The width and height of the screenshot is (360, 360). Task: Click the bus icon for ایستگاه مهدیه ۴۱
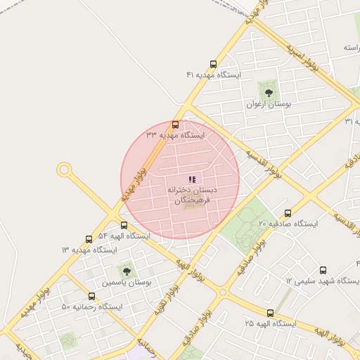click(213, 63)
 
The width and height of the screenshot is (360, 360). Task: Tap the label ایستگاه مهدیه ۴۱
click(213, 75)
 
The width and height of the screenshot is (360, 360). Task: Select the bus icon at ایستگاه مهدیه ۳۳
click(175, 124)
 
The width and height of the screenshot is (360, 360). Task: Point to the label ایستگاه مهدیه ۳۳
click(174, 134)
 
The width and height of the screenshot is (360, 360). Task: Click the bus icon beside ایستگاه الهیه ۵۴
click(124, 226)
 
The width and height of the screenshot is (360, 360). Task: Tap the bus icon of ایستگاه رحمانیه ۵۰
click(91, 296)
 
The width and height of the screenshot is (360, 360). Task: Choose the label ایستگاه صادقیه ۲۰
click(288, 224)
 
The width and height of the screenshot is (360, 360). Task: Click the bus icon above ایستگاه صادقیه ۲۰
click(288, 213)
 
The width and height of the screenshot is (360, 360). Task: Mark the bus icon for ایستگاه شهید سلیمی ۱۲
click(323, 270)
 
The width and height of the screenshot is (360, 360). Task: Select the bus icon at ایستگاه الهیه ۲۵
click(270, 313)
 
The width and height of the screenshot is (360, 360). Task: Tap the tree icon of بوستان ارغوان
click(267, 93)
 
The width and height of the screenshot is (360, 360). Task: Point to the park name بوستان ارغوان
click(266, 104)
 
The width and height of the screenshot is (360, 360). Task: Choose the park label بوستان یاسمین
click(127, 283)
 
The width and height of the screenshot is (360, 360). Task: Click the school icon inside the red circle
click(192, 180)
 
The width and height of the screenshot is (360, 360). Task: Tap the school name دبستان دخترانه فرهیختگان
click(192, 195)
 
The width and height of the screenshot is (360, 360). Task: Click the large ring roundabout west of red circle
click(64, 169)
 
